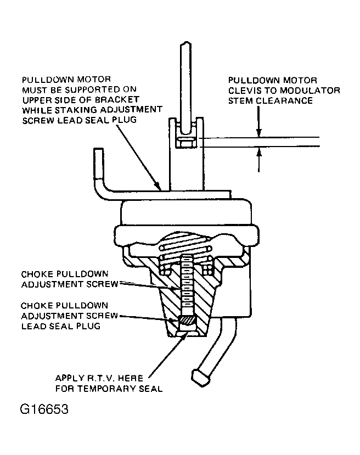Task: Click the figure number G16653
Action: [x=44, y=409]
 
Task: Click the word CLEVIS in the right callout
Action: [x=244, y=91]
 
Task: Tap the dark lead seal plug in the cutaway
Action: [x=188, y=321]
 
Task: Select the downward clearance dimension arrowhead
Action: [x=259, y=133]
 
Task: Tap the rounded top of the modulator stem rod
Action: [x=186, y=44]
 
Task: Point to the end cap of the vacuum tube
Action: [x=200, y=378]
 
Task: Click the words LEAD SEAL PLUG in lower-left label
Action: [x=61, y=326]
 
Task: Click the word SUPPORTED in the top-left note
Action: [x=92, y=89]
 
